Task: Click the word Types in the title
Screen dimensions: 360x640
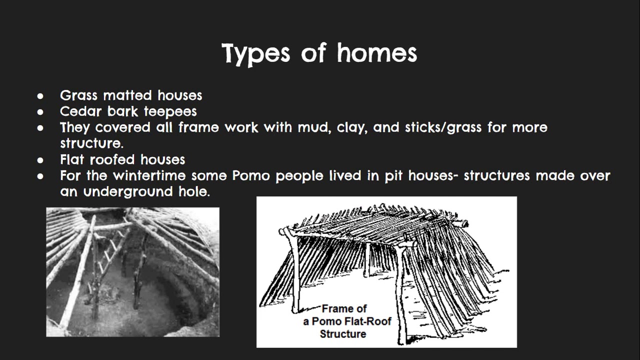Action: click(255, 53)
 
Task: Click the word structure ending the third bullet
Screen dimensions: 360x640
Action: click(91, 143)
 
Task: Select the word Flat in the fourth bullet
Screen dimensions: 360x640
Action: click(72, 159)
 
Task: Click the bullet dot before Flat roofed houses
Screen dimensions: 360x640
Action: click(40, 160)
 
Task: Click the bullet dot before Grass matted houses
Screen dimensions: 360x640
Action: click(40, 95)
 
